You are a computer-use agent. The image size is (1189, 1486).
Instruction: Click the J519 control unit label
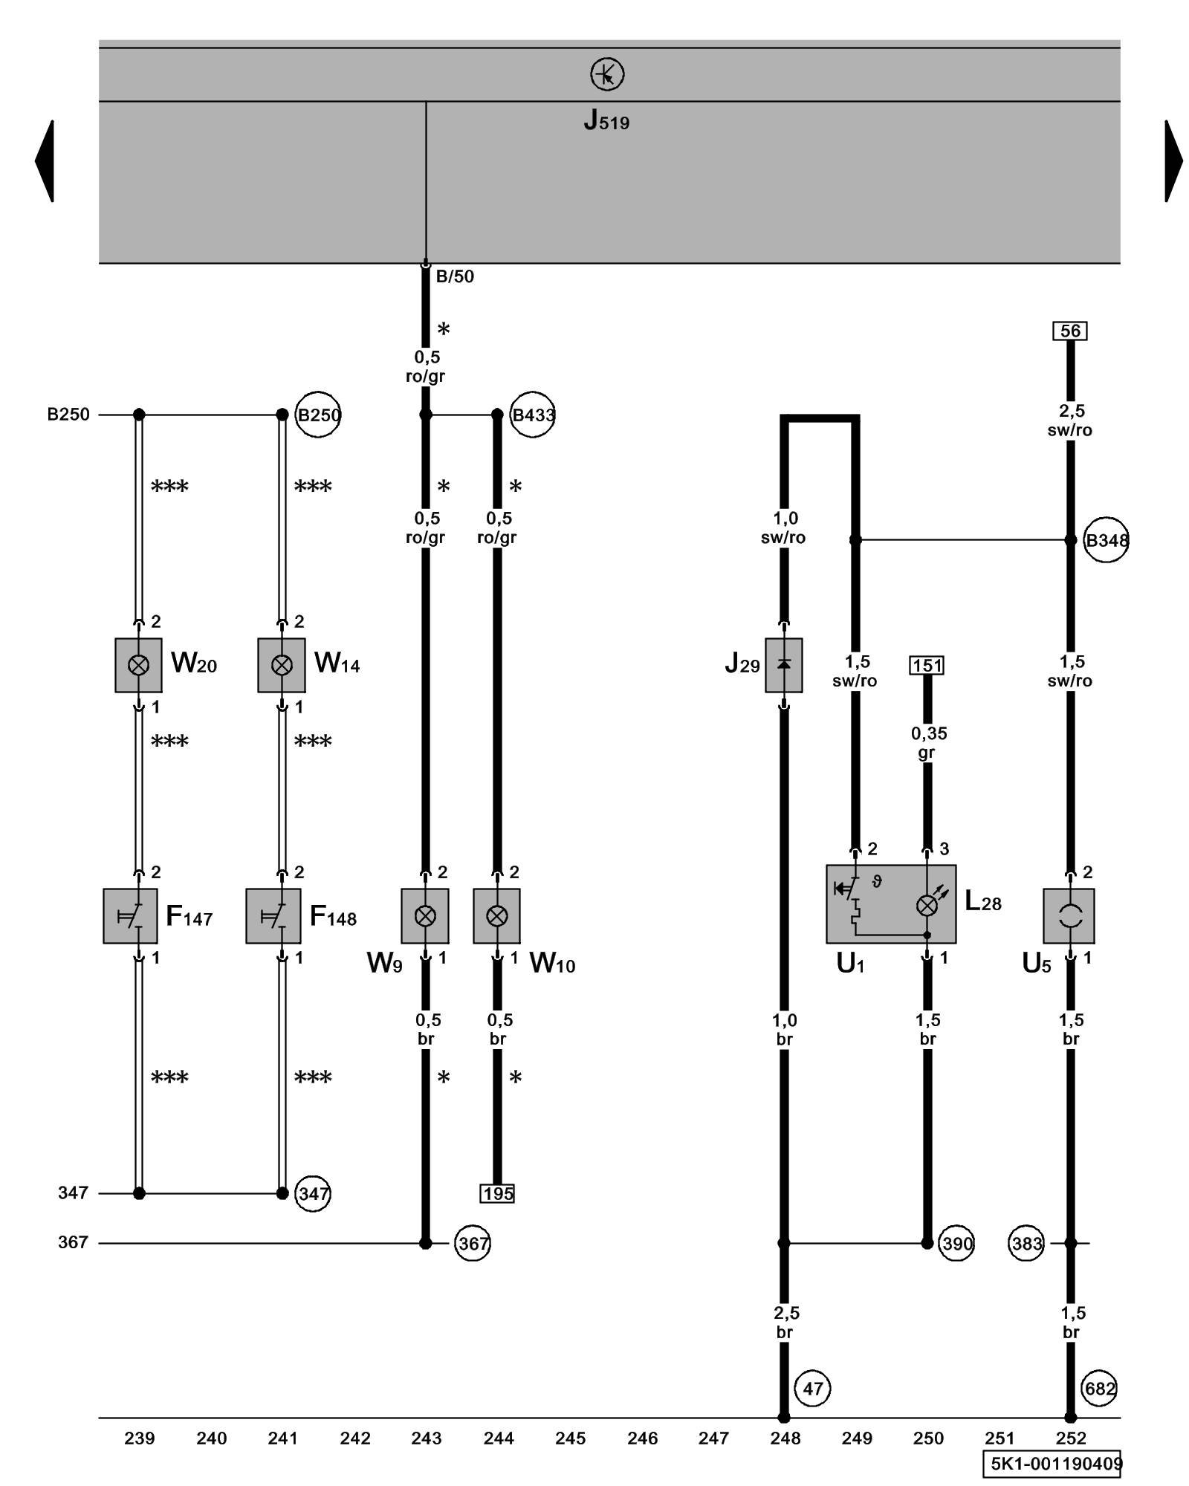click(x=606, y=120)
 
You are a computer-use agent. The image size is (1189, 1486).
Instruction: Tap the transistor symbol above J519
click(x=607, y=75)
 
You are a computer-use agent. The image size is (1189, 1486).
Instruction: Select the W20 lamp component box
click(x=138, y=665)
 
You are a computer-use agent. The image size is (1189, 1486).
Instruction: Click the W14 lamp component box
click(x=282, y=665)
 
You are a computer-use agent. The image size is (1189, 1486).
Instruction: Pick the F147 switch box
click(x=130, y=916)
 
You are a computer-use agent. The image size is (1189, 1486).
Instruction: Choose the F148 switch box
click(x=273, y=916)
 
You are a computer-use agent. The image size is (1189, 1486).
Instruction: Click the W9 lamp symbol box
click(x=425, y=916)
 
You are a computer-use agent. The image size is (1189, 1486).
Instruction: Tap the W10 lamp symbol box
click(x=496, y=916)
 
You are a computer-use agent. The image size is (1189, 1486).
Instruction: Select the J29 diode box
click(x=783, y=665)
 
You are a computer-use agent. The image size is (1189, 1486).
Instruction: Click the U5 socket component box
click(x=1069, y=916)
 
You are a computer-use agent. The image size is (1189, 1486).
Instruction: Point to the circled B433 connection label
click(x=533, y=415)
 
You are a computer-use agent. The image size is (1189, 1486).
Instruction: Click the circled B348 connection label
click(x=1107, y=540)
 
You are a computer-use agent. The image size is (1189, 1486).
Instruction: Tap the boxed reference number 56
click(x=1070, y=331)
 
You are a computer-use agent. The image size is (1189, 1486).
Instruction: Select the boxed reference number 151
click(x=927, y=665)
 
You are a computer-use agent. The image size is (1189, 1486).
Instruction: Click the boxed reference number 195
click(x=498, y=1194)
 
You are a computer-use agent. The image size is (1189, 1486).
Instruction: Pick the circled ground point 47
click(x=813, y=1388)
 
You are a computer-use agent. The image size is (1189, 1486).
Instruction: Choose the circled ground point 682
click(x=1100, y=1388)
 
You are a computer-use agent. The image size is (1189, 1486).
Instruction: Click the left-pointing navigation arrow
click(x=45, y=160)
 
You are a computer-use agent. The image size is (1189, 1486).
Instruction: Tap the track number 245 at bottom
click(x=570, y=1438)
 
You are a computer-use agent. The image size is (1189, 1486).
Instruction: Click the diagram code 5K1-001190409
click(x=1056, y=1464)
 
